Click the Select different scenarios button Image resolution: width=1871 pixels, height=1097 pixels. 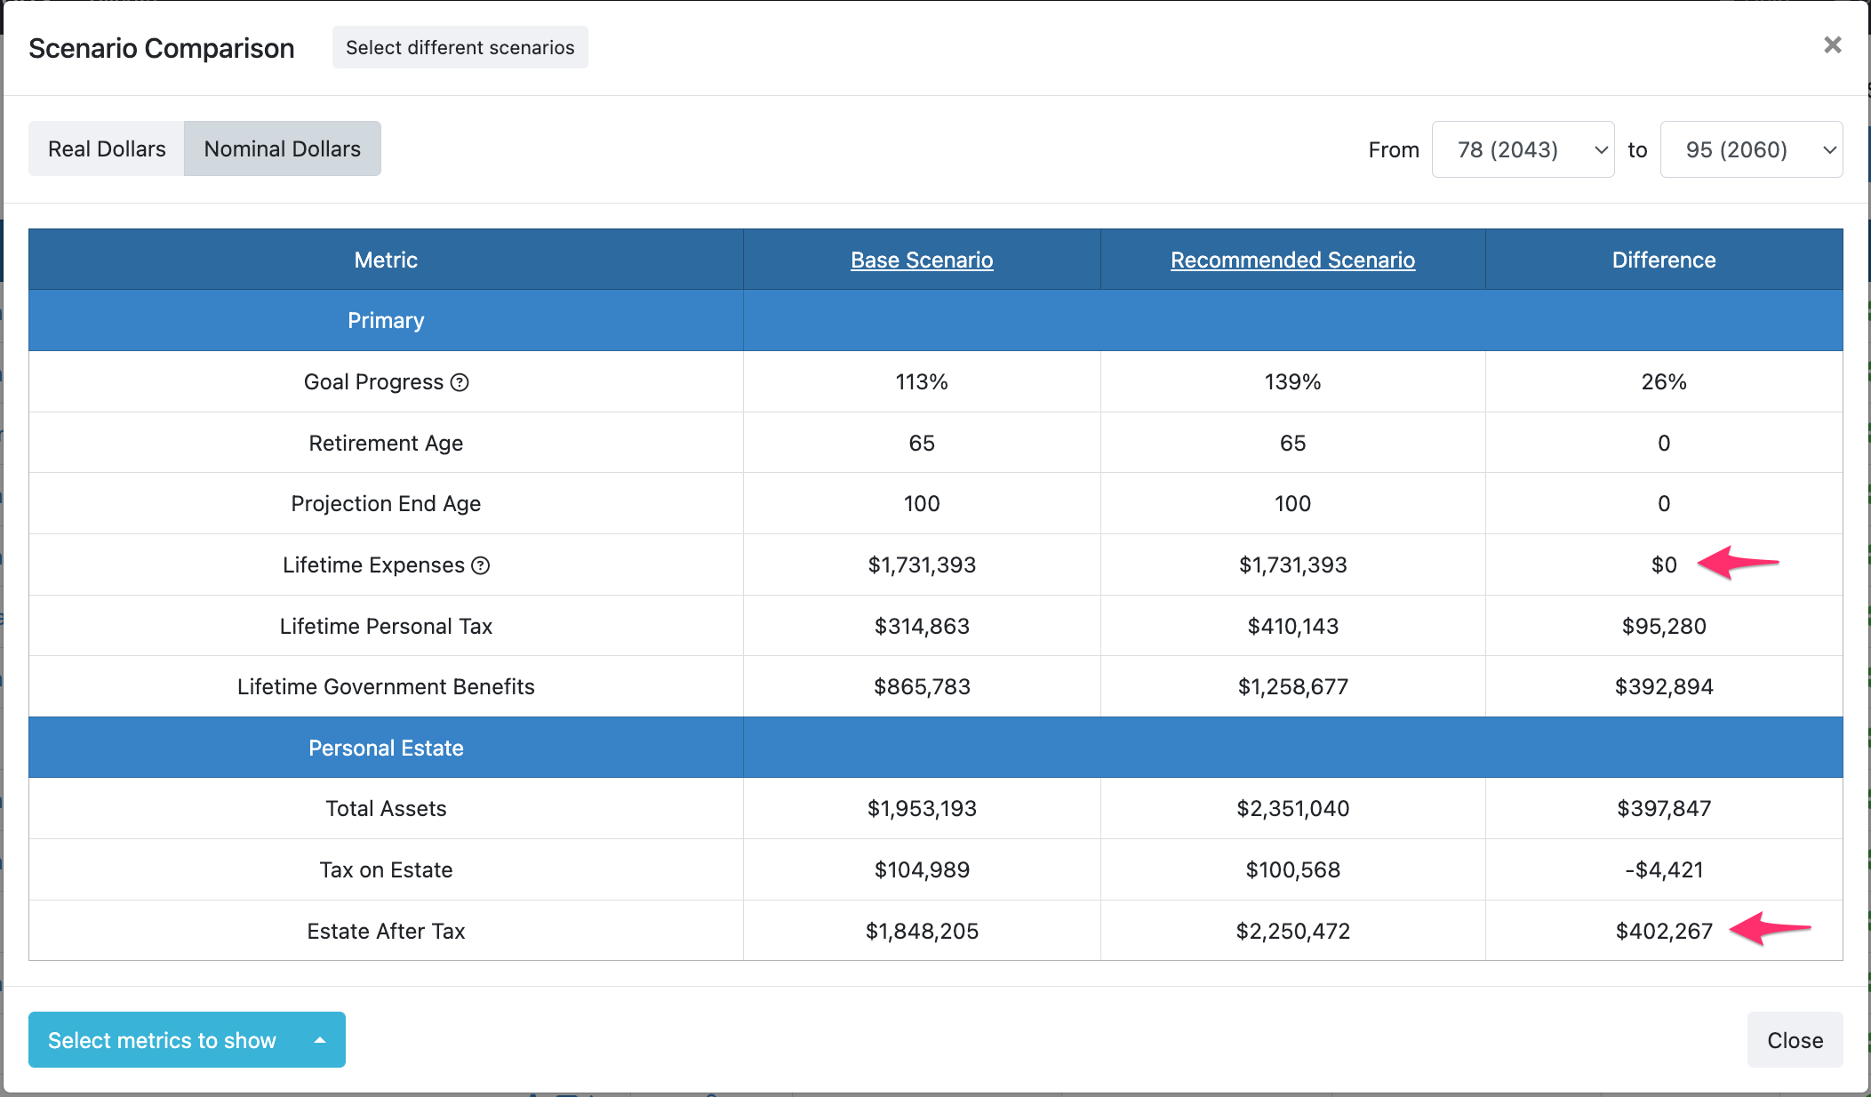460,47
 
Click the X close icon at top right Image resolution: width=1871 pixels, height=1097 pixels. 1832,45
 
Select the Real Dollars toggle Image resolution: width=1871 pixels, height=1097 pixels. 107,148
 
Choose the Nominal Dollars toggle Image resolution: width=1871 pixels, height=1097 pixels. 282,148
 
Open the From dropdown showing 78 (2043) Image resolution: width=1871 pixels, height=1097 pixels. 1523,149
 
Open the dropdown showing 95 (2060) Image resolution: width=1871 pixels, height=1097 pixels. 1750,149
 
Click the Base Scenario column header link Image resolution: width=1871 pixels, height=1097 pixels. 922,260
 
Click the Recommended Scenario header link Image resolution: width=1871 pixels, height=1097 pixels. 1292,260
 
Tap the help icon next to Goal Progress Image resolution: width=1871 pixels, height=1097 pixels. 460,382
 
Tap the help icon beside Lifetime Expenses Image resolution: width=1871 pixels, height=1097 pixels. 481,565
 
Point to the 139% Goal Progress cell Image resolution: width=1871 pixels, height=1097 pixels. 1292,381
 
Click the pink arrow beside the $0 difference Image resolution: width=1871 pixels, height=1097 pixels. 1738,563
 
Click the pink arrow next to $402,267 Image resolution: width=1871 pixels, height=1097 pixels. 1770,929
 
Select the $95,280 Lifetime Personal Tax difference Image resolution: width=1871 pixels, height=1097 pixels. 1663,626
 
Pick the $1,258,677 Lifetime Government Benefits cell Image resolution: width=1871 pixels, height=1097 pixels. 1292,686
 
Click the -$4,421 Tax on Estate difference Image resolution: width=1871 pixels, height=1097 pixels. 1663,869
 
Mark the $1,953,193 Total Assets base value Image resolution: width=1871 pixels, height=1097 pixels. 922,808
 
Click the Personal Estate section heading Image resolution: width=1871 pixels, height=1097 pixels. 386,748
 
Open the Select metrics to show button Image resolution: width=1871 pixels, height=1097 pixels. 187,1040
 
